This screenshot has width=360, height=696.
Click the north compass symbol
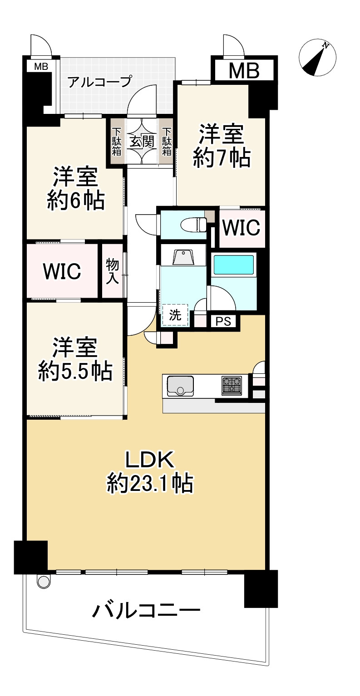(x=318, y=59)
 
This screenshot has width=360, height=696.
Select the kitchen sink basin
(x=180, y=386)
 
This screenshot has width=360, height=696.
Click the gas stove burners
(x=232, y=385)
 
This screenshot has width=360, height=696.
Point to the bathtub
(x=233, y=265)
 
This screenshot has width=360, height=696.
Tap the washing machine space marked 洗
(x=175, y=315)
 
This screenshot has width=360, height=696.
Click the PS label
(x=223, y=322)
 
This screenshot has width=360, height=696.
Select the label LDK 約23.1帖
(x=150, y=472)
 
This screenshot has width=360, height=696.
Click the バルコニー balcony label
(x=146, y=611)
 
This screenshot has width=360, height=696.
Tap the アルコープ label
(x=100, y=82)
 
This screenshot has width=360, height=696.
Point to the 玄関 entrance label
(x=142, y=142)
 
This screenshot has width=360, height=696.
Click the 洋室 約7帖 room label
(x=221, y=146)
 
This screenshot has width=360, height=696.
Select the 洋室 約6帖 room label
(x=76, y=188)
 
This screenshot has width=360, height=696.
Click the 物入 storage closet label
(x=112, y=271)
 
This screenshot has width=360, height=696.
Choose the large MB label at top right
(x=243, y=71)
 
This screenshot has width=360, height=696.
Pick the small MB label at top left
(x=41, y=67)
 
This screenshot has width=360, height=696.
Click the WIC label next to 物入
(x=62, y=271)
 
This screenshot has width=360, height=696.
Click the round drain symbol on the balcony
(x=43, y=581)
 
